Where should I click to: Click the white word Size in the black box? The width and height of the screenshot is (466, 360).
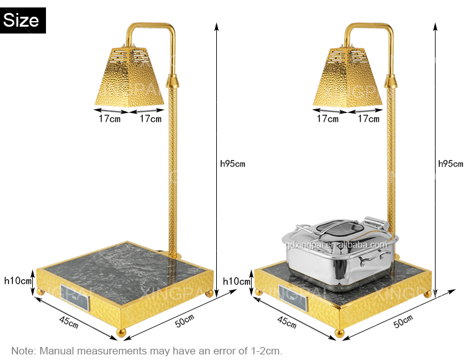tap(21, 20)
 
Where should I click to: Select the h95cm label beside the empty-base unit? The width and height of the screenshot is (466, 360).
tap(232, 164)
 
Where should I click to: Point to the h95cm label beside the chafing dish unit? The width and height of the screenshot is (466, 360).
tap(450, 164)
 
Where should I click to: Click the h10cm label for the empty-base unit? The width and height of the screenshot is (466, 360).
tap(17, 281)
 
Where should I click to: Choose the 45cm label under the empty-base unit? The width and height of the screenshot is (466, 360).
tap(68, 322)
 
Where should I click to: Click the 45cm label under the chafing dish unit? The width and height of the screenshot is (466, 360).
tap(287, 322)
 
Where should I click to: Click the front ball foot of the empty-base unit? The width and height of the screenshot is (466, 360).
tap(121, 333)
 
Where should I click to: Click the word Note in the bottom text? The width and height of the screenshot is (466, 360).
tap(24, 351)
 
